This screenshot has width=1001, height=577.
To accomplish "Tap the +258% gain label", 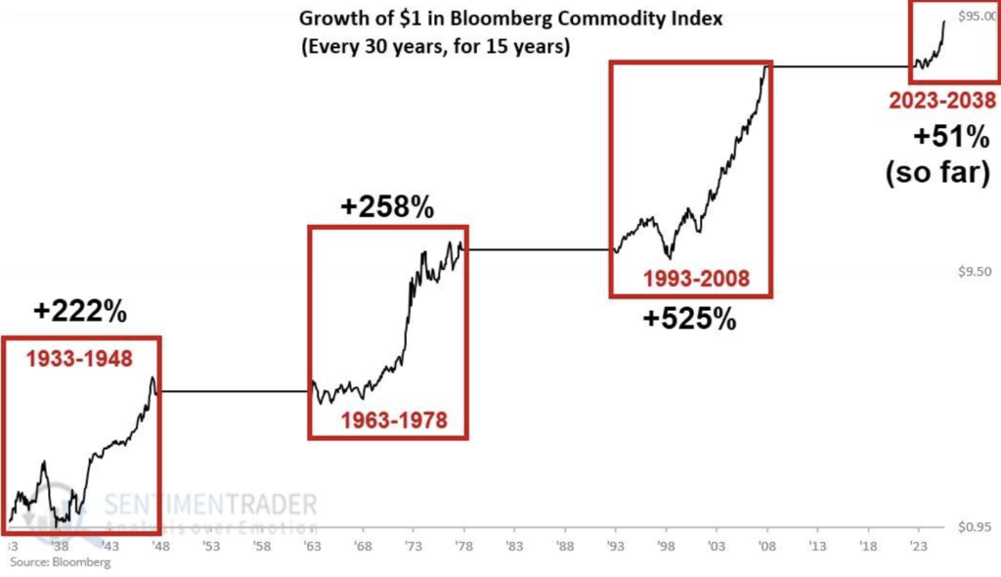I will [x=386, y=206].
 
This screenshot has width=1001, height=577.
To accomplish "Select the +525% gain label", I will [x=689, y=320].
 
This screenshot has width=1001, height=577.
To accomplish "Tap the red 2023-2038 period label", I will [x=941, y=100].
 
